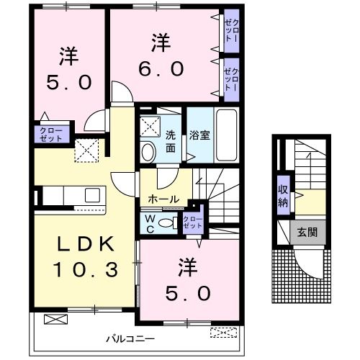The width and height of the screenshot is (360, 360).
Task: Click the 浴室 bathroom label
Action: point(199,135)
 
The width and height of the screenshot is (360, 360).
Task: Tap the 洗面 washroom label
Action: point(171,142)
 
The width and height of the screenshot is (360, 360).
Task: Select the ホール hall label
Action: point(164,199)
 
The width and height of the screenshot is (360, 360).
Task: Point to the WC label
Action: point(150,224)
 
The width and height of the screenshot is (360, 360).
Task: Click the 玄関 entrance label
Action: point(307,232)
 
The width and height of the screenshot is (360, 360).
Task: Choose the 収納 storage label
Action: point(283,197)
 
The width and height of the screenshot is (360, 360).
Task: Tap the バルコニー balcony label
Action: point(130,339)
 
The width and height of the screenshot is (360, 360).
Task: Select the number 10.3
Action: point(86,269)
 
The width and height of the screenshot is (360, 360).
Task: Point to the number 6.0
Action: point(161,68)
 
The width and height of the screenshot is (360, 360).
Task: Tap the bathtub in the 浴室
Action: point(227,135)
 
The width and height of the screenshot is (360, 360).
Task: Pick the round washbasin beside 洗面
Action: point(149,152)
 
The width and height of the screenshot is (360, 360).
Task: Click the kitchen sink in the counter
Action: point(93,195)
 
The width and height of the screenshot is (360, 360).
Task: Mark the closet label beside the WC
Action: point(192,222)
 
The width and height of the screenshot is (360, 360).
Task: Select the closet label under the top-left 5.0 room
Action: point(51,135)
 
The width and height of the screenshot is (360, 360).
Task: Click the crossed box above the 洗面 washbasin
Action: point(150,127)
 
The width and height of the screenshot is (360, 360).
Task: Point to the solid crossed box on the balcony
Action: point(55,319)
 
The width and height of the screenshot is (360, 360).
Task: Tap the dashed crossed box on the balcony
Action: point(223,333)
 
